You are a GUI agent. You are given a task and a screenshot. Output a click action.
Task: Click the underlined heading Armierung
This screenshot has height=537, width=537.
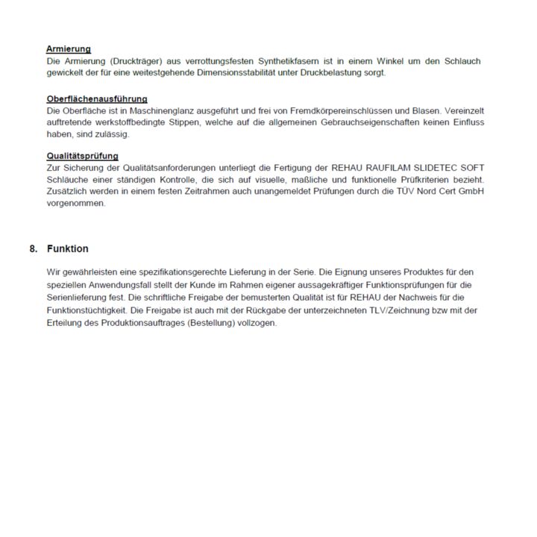pyautogui.click(x=69, y=49)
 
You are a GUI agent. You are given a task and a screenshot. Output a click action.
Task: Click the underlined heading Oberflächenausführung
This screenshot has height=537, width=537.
pyautogui.click(x=97, y=98)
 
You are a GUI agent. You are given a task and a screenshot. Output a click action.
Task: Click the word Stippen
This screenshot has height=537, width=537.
pyautogui.click(x=186, y=122)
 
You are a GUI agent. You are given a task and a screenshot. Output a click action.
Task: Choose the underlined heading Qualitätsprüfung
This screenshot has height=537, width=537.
pyautogui.click(x=82, y=156)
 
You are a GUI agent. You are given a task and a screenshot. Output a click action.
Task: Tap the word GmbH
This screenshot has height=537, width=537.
pyautogui.click(x=470, y=192)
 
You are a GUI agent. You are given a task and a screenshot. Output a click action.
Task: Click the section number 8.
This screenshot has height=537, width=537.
pyautogui.click(x=34, y=249)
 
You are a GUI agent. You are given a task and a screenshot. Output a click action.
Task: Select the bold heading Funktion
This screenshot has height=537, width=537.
pyautogui.click(x=67, y=249)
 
